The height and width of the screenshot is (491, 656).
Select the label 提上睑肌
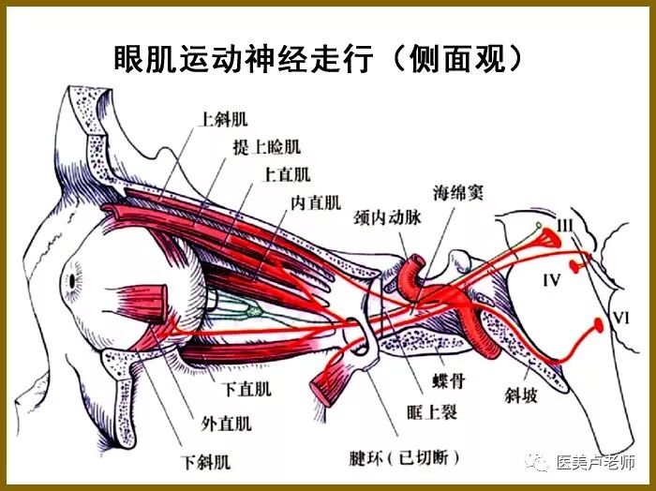click(267, 147)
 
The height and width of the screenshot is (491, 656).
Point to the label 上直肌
click(287, 174)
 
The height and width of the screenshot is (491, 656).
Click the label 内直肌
click(315, 201)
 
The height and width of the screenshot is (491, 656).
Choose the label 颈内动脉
click(386, 217)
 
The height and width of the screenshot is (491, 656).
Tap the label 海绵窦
click(461, 195)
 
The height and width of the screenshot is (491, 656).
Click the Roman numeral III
click(564, 226)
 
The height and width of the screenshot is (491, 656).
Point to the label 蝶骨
click(445, 383)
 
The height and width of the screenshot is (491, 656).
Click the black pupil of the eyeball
click(72, 280)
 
